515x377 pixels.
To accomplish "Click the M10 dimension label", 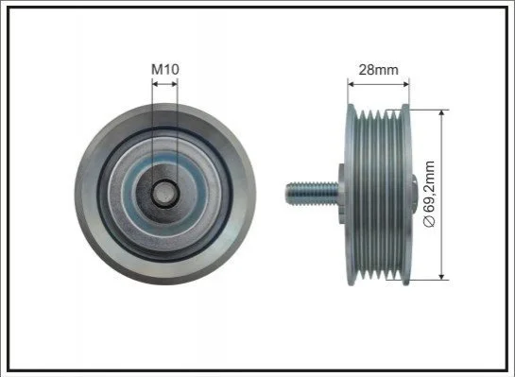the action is pyautogui.click(x=164, y=69).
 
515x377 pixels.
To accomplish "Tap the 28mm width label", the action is pyautogui.click(x=378, y=70).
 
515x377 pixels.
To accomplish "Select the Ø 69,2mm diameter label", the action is pyautogui.click(x=429, y=194).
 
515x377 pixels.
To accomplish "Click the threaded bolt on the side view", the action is pyautogui.click(x=312, y=194).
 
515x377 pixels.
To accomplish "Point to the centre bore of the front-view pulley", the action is pyautogui.click(x=164, y=194).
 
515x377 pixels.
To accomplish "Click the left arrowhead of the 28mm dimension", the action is pyautogui.click(x=351, y=84).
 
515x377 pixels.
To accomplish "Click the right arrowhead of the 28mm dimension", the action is pyautogui.click(x=406, y=84).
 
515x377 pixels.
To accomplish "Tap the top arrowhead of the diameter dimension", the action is pyautogui.click(x=441, y=113).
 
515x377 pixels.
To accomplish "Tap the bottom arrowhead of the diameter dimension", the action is pyautogui.click(x=441, y=277).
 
